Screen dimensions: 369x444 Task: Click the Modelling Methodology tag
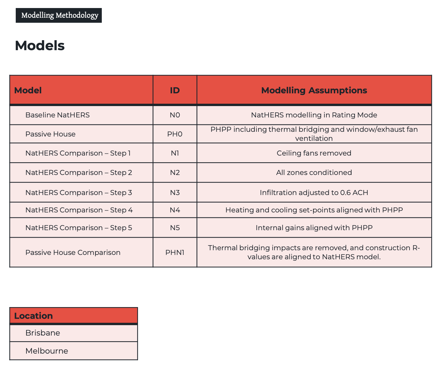(59, 15)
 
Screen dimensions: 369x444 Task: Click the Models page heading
(40, 45)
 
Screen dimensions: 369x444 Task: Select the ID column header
(175, 90)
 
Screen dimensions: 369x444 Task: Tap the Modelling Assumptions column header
(314, 90)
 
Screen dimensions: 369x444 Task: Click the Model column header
(28, 90)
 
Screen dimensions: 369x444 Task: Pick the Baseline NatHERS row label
(58, 115)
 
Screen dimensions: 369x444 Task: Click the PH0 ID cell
(175, 134)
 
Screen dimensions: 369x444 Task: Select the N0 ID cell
(175, 115)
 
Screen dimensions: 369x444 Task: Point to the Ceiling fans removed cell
(314, 153)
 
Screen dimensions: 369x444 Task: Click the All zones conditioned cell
(314, 173)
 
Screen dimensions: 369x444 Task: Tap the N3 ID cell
(175, 193)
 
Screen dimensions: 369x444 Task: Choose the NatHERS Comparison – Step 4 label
(79, 210)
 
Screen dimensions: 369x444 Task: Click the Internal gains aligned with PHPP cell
(314, 228)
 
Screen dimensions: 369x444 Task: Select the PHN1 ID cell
(175, 253)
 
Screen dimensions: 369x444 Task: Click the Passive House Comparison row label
(73, 253)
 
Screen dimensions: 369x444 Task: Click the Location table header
(33, 316)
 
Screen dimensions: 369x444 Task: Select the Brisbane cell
(43, 333)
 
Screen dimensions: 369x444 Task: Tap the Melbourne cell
(47, 351)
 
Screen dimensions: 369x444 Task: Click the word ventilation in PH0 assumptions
(314, 139)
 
